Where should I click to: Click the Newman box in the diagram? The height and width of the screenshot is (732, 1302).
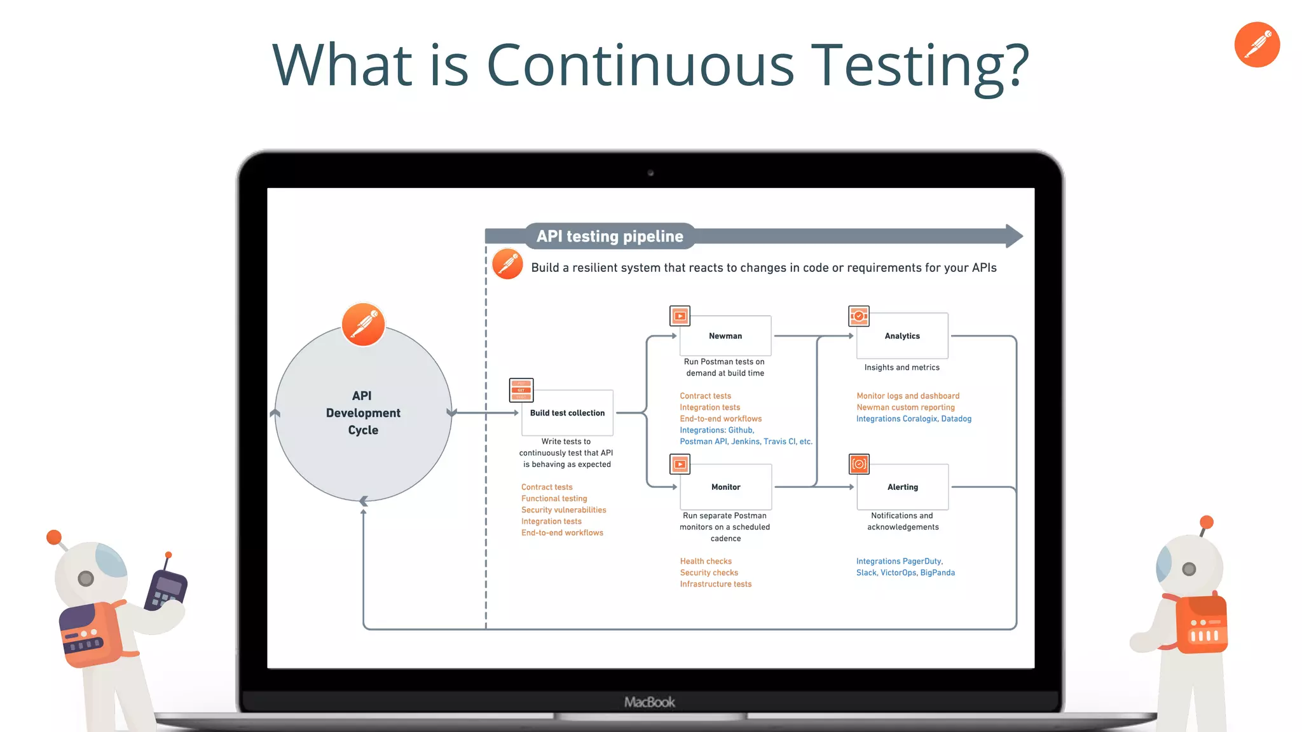point(725,335)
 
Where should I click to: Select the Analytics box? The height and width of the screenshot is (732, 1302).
point(902,335)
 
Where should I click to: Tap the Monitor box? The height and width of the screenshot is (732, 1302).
point(725,487)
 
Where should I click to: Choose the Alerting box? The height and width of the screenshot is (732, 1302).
point(902,487)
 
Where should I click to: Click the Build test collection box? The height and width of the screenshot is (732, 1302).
point(567,412)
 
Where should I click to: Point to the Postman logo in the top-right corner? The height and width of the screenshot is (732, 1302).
point(1257,44)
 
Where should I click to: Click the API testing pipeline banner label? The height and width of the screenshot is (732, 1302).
point(610,236)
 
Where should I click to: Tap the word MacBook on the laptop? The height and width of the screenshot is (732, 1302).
point(650,702)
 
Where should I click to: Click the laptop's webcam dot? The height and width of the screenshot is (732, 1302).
point(650,173)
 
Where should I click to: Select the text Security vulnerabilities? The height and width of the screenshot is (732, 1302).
point(563,510)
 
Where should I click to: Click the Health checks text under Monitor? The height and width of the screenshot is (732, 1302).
point(706,561)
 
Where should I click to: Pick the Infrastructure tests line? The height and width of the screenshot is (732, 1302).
point(715,584)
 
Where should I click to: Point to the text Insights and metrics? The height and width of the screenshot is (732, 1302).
point(901,367)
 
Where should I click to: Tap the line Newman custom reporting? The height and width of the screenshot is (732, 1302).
point(905,407)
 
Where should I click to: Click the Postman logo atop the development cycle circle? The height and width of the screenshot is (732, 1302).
point(363,324)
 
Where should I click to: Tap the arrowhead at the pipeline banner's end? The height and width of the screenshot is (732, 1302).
point(1014,236)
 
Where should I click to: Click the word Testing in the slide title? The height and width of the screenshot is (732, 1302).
point(922,65)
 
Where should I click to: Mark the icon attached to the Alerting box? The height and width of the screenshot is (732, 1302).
point(859,464)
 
